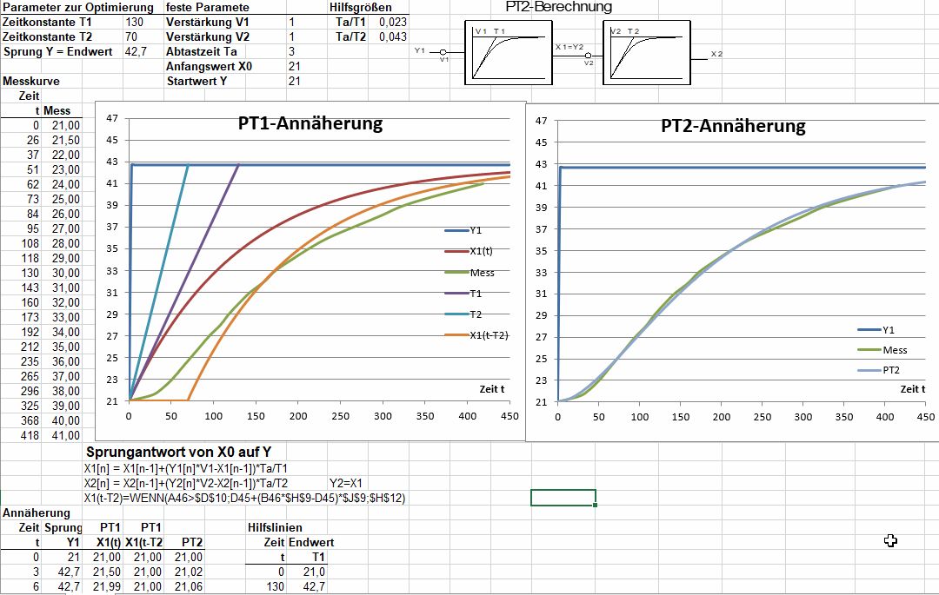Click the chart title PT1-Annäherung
(x=310, y=123)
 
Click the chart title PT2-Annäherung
(x=733, y=126)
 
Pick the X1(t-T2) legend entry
(x=476, y=335)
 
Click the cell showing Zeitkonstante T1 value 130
(x=135, y=22)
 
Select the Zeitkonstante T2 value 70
(x=131, y=37)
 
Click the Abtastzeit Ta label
(x=201, y=51)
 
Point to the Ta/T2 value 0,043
(x=393, y=36)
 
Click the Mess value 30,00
(x=66, y=273)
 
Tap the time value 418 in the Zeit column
(x=30, y=435)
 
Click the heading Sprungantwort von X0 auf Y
(x=178, y=452)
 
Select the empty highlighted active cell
(x=563, y=498)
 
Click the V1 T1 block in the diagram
(x=509, y=53)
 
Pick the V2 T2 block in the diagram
(x=647, y=53)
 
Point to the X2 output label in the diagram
(x=716, y=54)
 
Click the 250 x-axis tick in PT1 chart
(x=340, y=416)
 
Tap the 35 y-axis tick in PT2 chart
(x=542, y=251)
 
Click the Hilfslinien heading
(x=275, y=527)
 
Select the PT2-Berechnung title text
(x=559, y=7)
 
